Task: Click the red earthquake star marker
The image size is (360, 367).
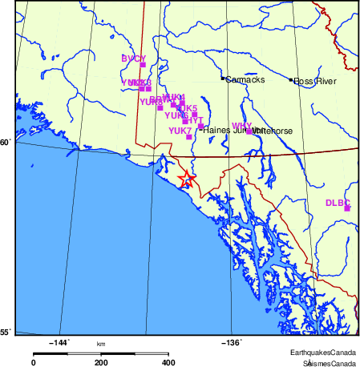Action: pyautogui.click(x=186, y=179)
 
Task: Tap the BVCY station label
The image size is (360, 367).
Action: pyautogui.click(x=133, y=59)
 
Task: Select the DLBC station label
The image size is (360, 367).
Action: pyautogui.click(x=338, y=203)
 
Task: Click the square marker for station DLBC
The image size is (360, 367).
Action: pyautogui.click(x=348, y=208)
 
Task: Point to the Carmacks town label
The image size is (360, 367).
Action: pyautogui.click(x=245, y=79)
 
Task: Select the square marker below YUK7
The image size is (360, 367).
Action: pyautogui.click(x=188, y=137)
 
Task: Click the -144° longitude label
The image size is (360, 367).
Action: pyautogui.click(x=59, y=342)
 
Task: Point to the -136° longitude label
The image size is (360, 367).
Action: pyautogui.click(x=231, y=342)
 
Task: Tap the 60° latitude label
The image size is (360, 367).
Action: pyautogui.click(x=5, y=143)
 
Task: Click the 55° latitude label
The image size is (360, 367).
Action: pyautogui.click(x=5, y=332)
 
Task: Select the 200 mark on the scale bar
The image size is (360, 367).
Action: pyautogui.click(x=101, y=362)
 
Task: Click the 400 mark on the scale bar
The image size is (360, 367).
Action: pyautogui.click(x=169, y=362)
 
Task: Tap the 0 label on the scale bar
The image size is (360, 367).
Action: pyautogui.click(x=33, y=362)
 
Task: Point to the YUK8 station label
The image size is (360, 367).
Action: pyautogui.click(x=150, y=102)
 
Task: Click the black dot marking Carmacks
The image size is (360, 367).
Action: pyautogui.click(x=223, y=79)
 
